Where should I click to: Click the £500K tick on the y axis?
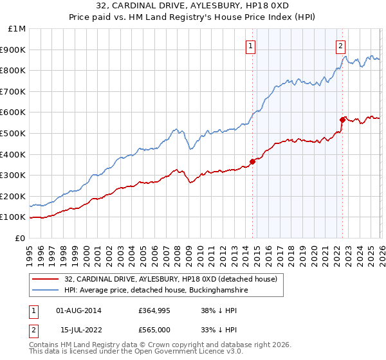click(13, 133)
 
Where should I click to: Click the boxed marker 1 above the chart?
click(250, 45)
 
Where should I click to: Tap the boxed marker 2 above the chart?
click(340, 45)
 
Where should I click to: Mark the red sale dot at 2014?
click(252, 161)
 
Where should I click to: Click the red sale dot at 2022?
click(342, 120)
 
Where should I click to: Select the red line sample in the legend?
click(47, 279)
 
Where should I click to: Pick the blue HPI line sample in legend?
click(47, 291)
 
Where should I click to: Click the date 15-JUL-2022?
click(79, 330)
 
